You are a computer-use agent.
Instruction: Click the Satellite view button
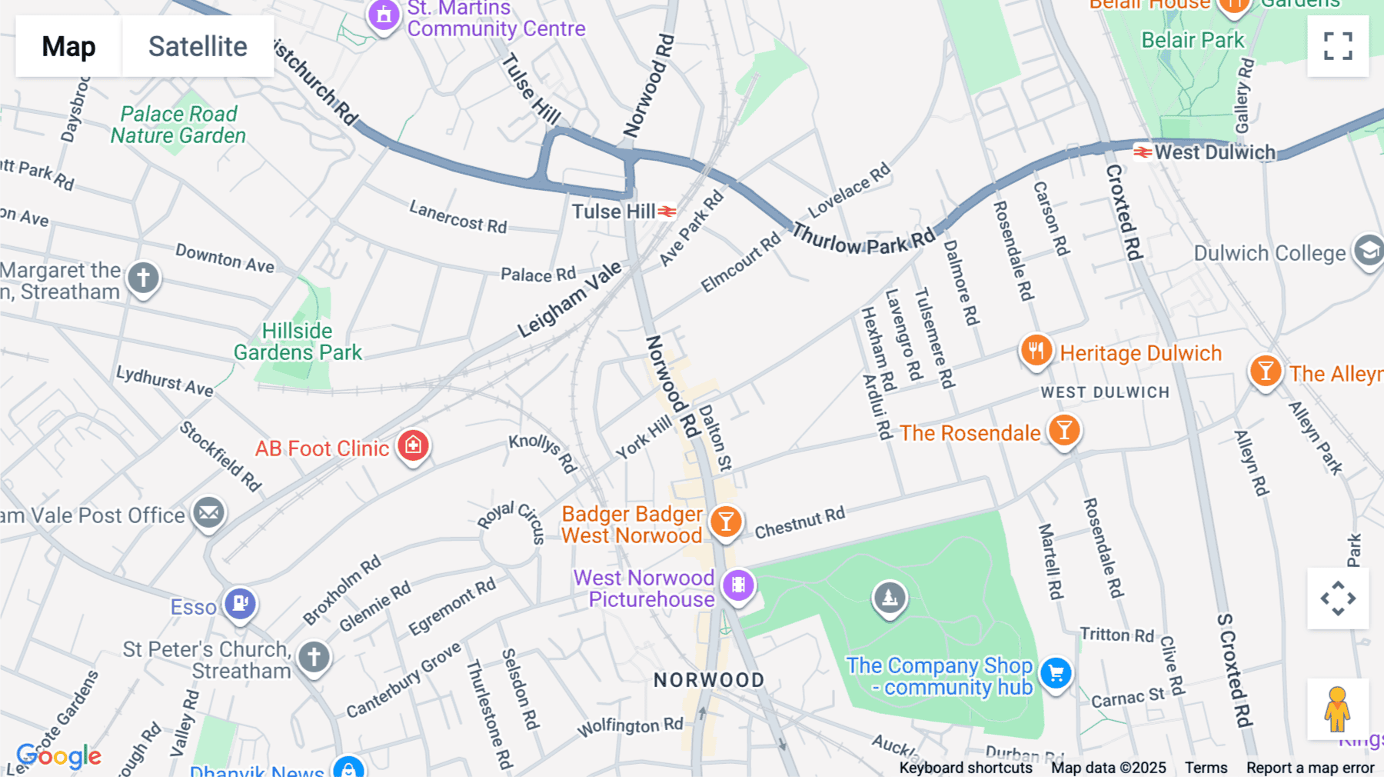pos(198,46)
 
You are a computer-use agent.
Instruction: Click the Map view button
pos(68,46)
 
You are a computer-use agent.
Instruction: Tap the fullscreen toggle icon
pos(1338,46)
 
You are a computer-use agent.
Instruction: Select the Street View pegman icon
pos(1337,709)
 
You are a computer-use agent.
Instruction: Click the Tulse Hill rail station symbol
pos(667,212)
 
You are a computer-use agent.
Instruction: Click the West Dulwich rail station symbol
pos(1143,152)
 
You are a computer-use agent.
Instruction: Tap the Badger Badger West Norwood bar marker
pos(725,522)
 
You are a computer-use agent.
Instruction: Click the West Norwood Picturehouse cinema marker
pos(738,585)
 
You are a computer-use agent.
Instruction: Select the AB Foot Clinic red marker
pos(413,445)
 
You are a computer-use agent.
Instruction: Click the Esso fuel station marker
pos(240,603)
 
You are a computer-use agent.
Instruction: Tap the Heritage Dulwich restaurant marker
pos(1036,351)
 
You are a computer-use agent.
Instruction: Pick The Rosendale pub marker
pos(1064,430)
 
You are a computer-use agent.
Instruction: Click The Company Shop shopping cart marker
pos(1056,673)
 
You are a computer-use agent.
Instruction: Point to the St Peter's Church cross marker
pos(314,657)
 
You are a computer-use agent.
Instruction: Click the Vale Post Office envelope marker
pos(208,512)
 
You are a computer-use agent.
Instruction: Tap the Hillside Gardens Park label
pos(298,342)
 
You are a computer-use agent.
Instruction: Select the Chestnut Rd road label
pos(800,523)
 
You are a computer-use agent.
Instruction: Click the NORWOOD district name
pos(709,680)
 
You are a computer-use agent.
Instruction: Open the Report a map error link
pos(1310,768)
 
